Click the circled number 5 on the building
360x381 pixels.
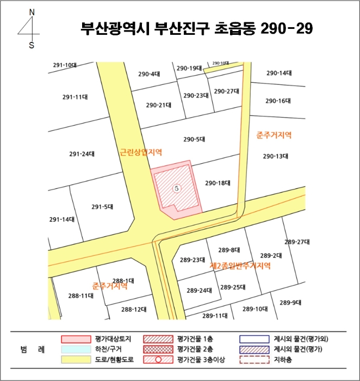pos(176,187)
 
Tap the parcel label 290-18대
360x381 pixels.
pos(218,183)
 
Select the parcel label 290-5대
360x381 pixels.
pos(194,139)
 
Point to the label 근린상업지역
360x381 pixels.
pos(141,152)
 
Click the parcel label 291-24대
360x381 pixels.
pos(82,153)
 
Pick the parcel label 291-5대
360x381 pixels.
pos(102,206)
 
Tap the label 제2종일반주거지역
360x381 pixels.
pos(240,266)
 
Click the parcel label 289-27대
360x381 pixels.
pos(296,242)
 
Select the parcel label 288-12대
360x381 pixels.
pos(134,309)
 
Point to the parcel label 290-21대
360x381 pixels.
pos(158,105)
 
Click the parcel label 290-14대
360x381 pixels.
pos(279,72)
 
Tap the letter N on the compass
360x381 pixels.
pos(32,12)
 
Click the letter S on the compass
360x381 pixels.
pos(32,45)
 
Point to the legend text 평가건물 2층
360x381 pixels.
pos(194,349)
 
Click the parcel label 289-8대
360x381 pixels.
pos(229,250)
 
